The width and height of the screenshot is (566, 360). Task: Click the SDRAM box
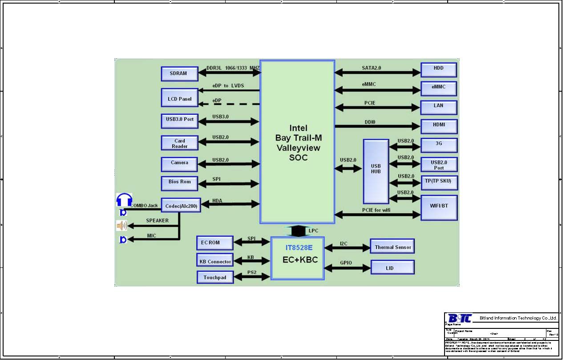tap(179, 73)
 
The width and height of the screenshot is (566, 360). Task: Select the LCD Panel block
tap(179, 99)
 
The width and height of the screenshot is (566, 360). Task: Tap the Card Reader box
tap(179, 143)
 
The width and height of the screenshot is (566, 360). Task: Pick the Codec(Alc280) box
tap(181, 206)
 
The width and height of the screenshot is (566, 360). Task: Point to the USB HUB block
tap(376, 171)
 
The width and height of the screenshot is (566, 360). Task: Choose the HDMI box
tap(439, 126)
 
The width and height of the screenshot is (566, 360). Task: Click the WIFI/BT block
tap(439, 207)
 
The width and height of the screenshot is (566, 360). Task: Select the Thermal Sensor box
tap(392, 247)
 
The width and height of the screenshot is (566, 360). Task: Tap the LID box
tap(392, 268)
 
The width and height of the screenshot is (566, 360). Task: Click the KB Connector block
tap(215, 261)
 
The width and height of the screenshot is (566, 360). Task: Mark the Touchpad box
tap(215, 277)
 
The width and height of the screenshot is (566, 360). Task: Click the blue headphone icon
tap(124, 200)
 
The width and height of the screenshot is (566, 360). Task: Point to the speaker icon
tap(121, 226)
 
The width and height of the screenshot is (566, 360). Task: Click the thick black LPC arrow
tap(298, 231)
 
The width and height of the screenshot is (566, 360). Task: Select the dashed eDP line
tap(230, 105)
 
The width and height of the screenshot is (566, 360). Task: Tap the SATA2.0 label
tap(371, 68)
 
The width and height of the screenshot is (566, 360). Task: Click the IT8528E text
tap(299, 247)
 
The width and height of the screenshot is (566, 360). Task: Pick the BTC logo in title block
tap(459, 318)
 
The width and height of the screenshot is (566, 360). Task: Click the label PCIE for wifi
tap(376, 210)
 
